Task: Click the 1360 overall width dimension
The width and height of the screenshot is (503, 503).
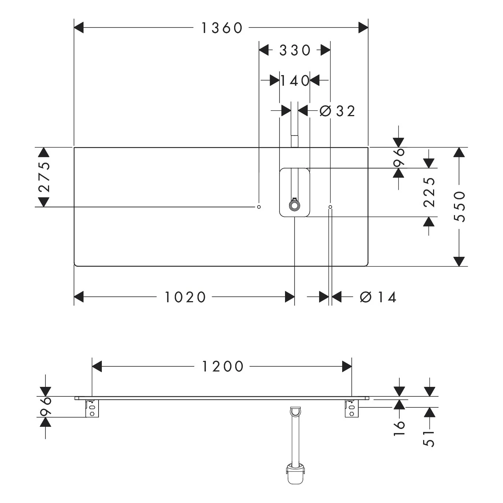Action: coord(222,28)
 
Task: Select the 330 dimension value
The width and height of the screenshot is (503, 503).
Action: coord(295,51)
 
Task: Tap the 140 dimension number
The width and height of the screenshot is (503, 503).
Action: coord(295,81)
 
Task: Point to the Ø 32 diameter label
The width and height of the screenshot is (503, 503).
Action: coord(337,111)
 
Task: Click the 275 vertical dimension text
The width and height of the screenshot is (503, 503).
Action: coord(44,177)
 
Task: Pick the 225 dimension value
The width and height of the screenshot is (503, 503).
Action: coord(429,192)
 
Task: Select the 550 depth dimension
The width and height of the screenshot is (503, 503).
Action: coord(459,207)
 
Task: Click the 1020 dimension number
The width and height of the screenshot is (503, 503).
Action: coord(185,297)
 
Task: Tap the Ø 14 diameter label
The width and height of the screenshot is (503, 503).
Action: coord(378,297)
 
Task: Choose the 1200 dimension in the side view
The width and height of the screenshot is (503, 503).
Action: coord(223,366)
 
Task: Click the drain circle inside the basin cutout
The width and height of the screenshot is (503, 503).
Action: coord(295,206)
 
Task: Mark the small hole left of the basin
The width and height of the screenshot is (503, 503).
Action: coord(259,207)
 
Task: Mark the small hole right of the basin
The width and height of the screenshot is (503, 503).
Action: coord(330,207)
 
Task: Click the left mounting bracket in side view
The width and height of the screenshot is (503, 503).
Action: coord(92,408)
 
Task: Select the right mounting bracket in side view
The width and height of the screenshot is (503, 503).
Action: coord(352,408)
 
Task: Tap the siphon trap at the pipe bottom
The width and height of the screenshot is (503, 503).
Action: coord(295,473)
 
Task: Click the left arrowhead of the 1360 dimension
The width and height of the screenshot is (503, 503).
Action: coord(79,28)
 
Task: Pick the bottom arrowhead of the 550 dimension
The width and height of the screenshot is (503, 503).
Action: coord(459,262)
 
